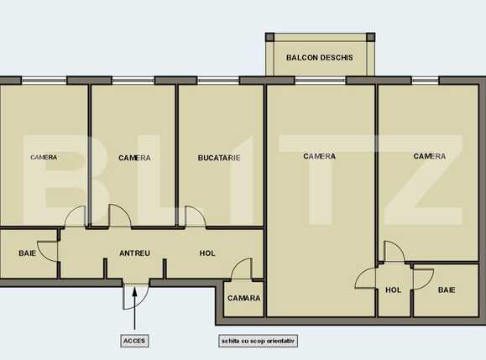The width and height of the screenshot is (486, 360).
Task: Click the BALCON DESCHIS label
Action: tap(319, 58)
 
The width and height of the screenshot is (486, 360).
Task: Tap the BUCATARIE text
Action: tap(219, 158)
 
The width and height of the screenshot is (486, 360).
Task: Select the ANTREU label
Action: tap(134, 253)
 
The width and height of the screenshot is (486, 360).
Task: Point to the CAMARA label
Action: tap(243, 298)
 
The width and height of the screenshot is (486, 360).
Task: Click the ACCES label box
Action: tap(134, 342)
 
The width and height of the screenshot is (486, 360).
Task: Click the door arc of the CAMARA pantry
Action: tap(241, 269)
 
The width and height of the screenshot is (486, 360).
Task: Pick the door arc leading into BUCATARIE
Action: tap(196, 217)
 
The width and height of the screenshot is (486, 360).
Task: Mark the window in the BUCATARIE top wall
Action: tap(218, 81)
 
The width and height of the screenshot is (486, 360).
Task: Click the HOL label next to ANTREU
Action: tap(207, 253)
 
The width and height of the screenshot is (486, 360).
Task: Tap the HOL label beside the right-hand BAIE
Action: tap(394, 290)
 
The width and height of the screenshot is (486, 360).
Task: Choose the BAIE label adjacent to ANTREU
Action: tap(28, 253)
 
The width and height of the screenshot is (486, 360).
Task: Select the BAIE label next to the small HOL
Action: tap(447, 290)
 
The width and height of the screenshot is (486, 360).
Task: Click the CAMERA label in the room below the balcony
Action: tap(320, 156)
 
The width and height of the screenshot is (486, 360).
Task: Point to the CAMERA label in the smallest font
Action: tap(44, 158)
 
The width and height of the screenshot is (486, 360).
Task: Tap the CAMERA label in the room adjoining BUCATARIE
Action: tap(134, 158)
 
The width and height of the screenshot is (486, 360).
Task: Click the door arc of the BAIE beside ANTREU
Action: tap(49, 250)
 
